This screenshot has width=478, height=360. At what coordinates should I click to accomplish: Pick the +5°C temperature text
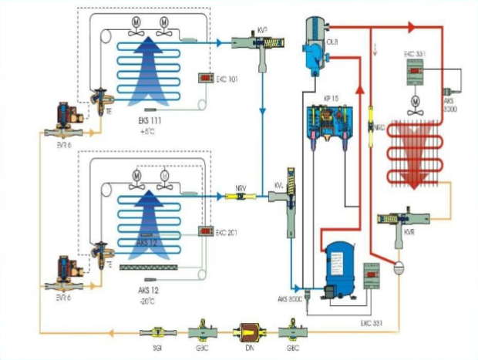(x=148, y=131)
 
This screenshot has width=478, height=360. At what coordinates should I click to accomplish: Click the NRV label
(x=241, y=187)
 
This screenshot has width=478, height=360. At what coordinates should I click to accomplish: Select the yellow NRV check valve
(x=241, y=197)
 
